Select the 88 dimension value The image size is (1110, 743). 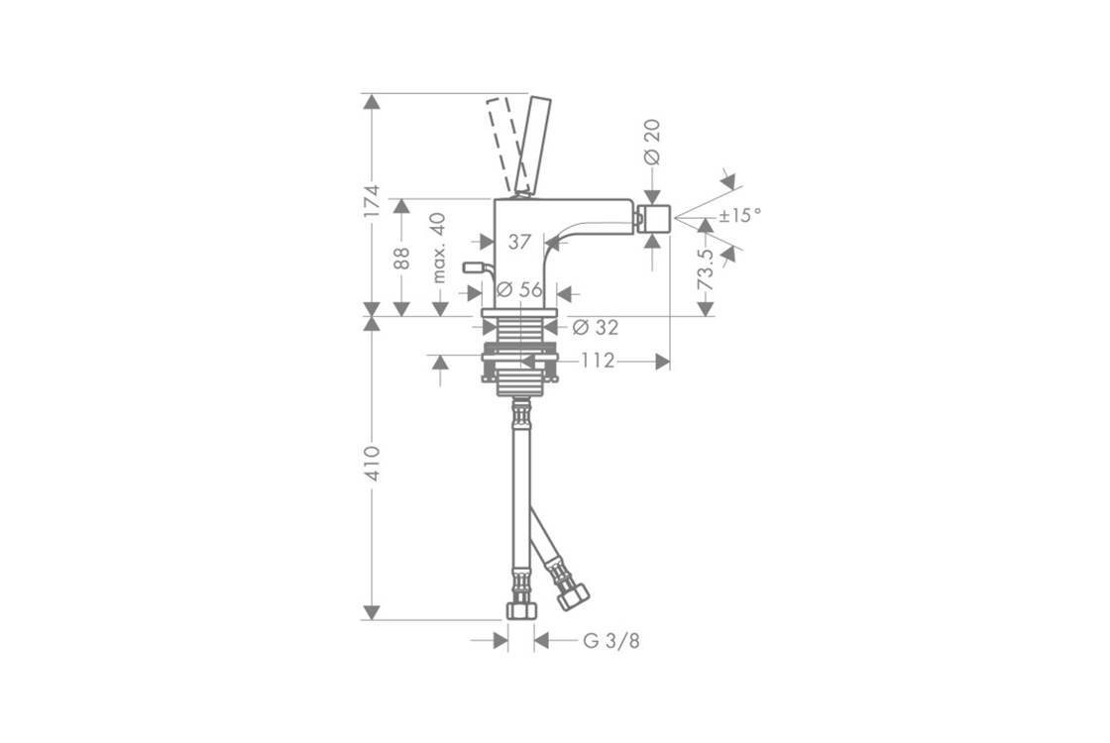401,257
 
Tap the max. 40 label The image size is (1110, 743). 439,248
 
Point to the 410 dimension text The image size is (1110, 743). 373,464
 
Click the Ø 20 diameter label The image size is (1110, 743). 652,142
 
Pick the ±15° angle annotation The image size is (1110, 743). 739,215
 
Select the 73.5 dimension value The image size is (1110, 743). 706,269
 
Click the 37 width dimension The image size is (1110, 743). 519,242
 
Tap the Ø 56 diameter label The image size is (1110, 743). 519,289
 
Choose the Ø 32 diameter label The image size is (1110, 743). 595,327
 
